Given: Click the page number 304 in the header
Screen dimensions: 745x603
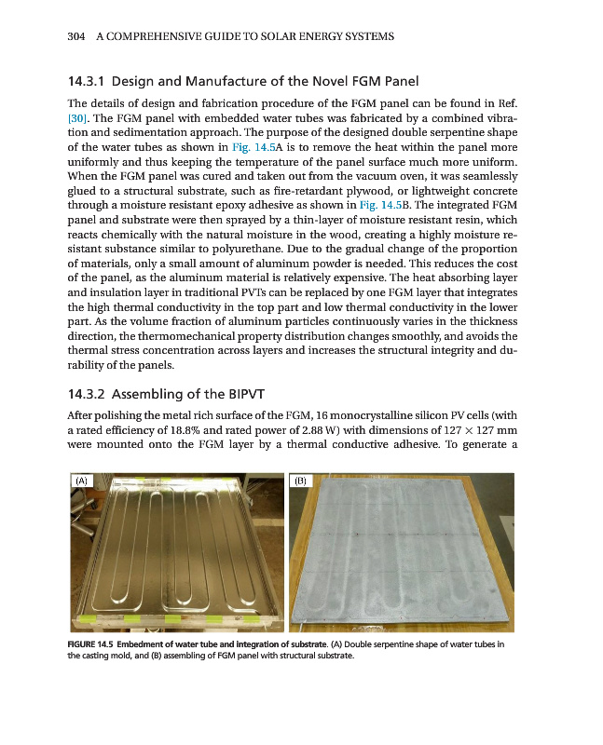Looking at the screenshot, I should point(77,36).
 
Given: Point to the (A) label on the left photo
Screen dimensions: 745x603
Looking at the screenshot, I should point(84,481).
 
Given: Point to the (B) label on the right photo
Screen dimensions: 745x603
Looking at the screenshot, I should point(301,481).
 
